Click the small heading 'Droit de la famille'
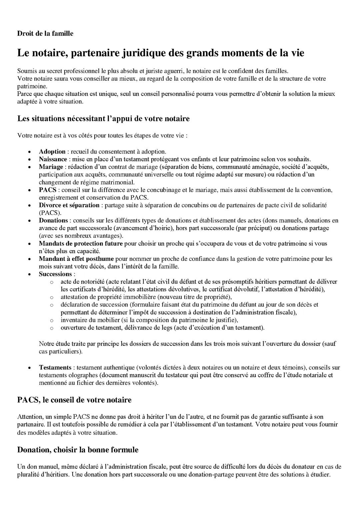[45, 33]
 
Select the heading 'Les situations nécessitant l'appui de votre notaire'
[103, 118]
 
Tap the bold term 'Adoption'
[52, 151]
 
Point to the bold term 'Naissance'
[53, 159]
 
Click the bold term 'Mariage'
[51, 167]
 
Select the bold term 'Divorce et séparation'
[69, 205]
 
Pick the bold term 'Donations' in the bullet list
[53, 220]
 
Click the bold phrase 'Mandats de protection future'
[81, 243]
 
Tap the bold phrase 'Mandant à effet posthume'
[76, 259]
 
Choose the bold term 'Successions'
[55, 274]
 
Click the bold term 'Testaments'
[55, 368]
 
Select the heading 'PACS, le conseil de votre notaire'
[74, 400]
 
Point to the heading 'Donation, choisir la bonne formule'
[78, 450]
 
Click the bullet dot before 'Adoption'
[30, 152]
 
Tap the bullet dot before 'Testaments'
[30, 368]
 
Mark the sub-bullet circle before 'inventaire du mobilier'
[52, 320]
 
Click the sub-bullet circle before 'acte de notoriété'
[52, 282]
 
